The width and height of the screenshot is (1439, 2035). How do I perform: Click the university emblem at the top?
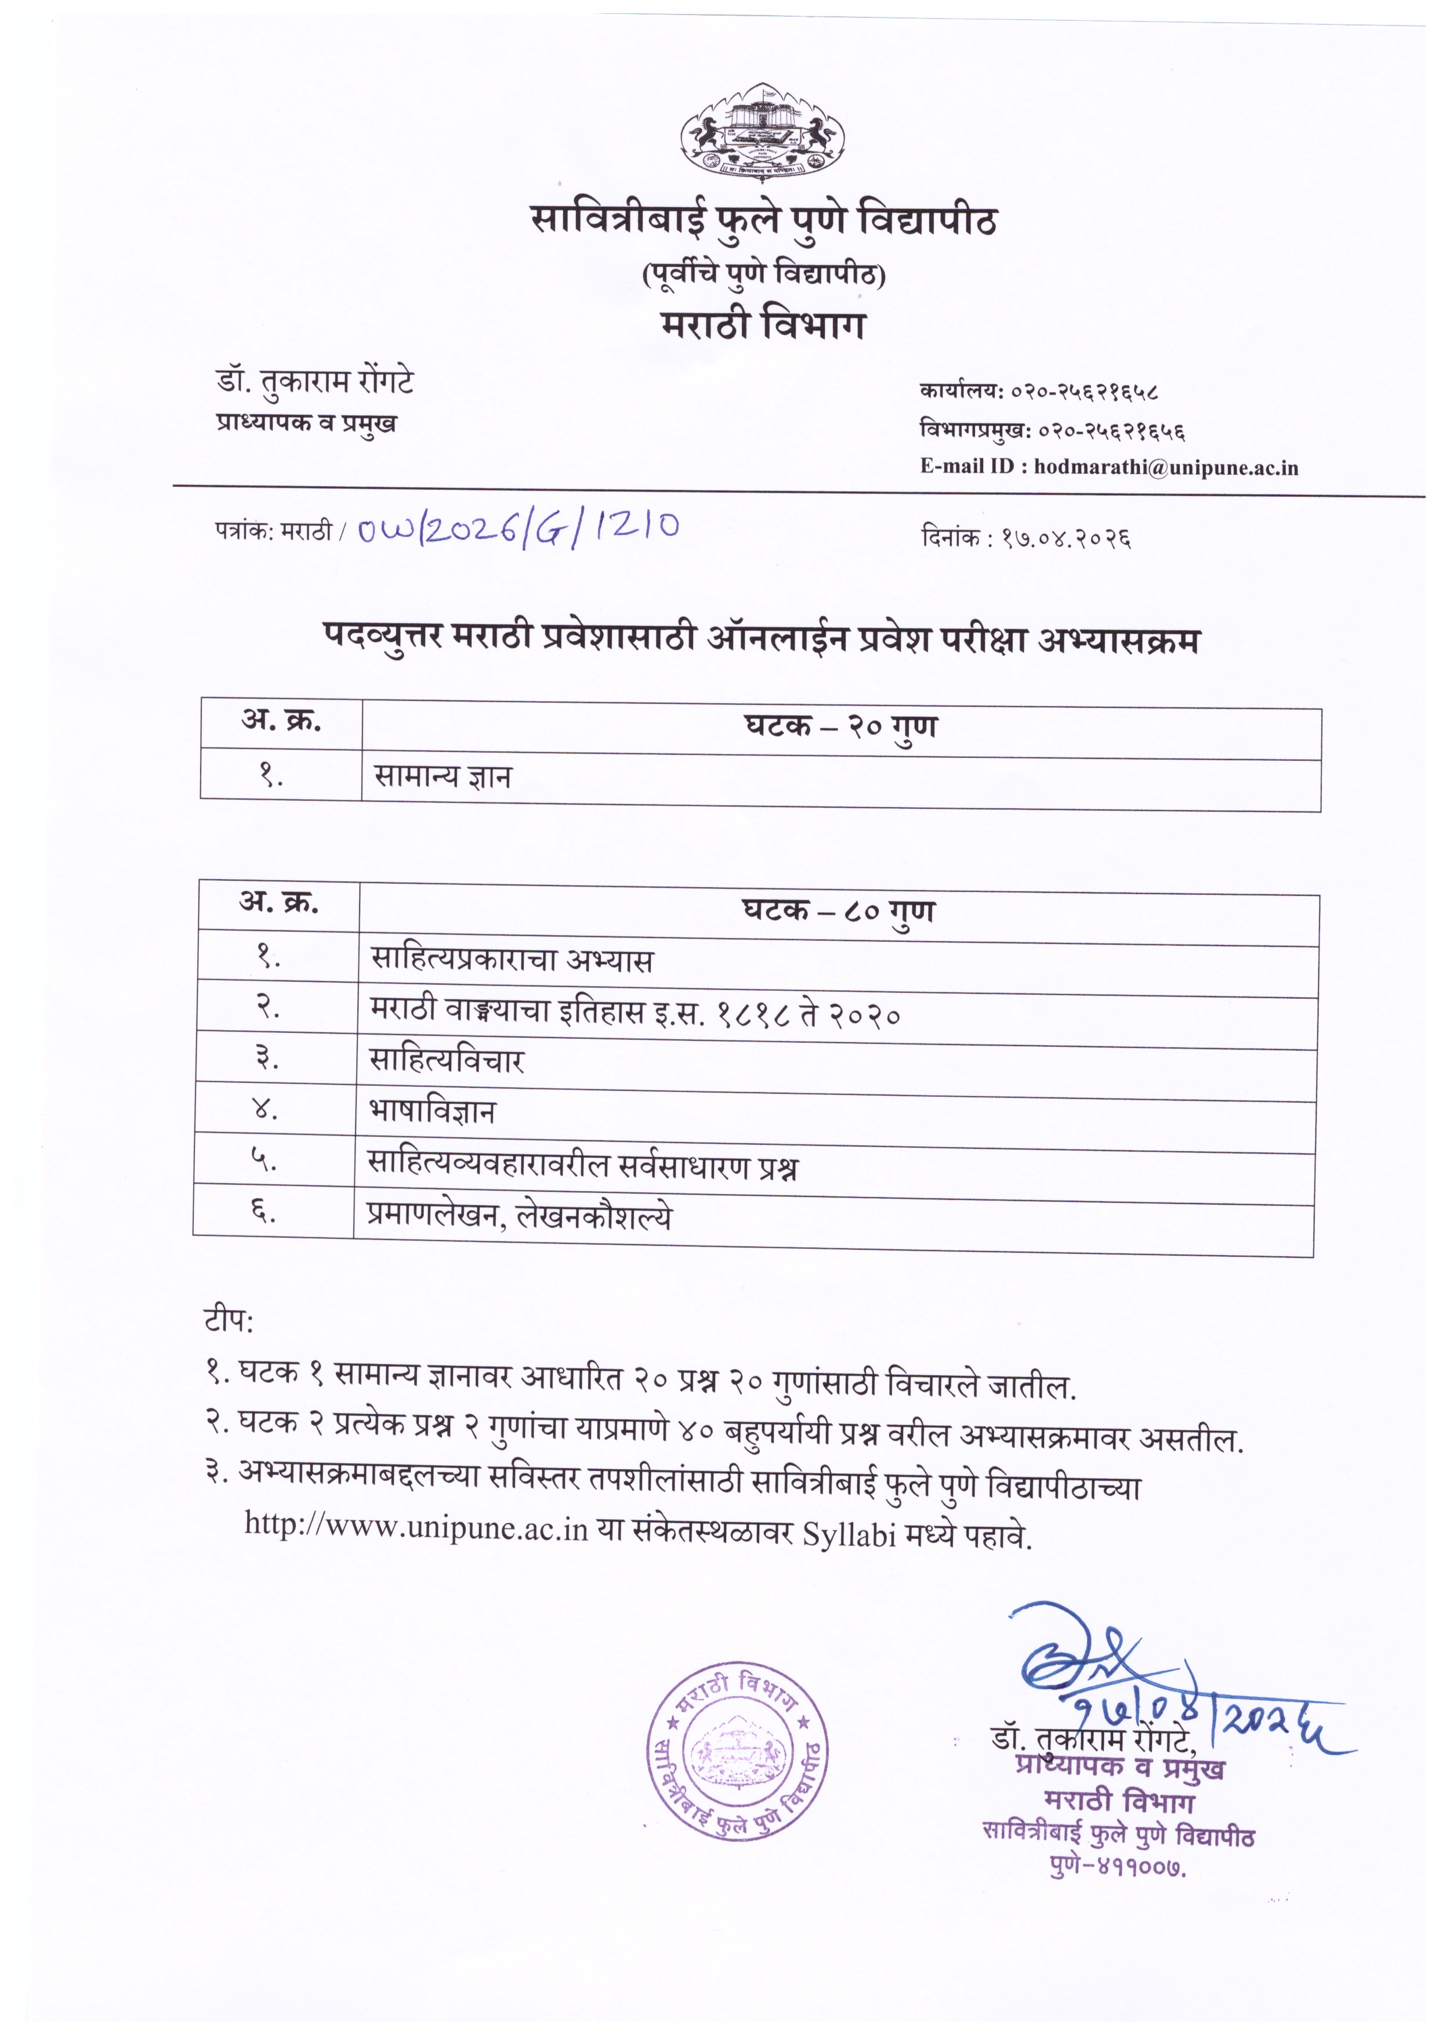(762, 135)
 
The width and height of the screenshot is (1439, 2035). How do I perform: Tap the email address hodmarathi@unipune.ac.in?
(1166, 467)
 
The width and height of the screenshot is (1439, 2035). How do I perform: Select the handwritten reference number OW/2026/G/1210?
(519, 527)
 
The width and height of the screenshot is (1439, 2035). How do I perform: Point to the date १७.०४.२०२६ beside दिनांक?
(1067, 538)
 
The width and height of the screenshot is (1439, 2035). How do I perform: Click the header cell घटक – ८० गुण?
(838, 912)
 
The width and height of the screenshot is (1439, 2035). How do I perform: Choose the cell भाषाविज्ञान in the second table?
(433, 1111)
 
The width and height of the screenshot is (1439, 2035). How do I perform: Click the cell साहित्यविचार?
(447, 1061)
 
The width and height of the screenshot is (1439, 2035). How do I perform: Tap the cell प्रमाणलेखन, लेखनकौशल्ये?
(519, 1216)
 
